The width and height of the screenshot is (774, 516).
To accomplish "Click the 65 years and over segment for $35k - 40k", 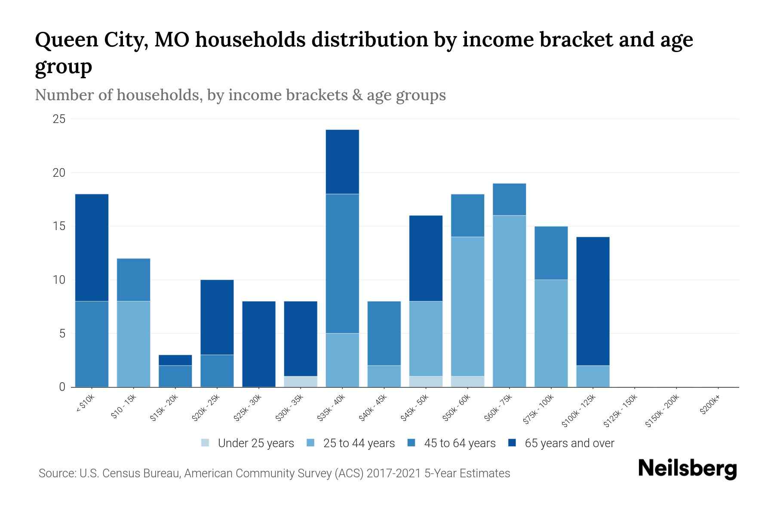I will coord(342,162).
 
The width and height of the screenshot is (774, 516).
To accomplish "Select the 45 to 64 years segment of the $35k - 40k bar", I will coord(342,263).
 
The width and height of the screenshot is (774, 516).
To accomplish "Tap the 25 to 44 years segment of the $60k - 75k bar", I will coord(509,301).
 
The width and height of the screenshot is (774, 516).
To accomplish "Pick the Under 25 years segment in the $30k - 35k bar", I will coord(301,381).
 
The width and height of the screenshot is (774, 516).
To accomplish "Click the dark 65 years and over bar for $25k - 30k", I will coord(259,344).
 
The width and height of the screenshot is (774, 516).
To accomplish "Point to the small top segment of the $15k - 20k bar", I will coord(175,360).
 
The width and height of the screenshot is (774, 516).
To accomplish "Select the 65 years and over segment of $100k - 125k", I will coord(593,301).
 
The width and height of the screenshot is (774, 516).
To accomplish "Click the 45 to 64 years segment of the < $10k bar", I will coord(92,344).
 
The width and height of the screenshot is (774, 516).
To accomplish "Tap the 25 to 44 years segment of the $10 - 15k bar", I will coord(133,344).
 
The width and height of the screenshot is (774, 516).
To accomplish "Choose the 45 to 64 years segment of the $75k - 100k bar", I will coord(551,253).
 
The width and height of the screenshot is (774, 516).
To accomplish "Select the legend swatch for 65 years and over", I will coord(512,443).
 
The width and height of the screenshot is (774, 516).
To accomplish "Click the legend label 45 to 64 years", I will coord(459,443).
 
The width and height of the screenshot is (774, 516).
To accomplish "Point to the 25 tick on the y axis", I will coord(59,119).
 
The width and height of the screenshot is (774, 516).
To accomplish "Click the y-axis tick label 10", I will coord(59,280).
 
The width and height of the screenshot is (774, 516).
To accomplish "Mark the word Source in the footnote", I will coord(56,473).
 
